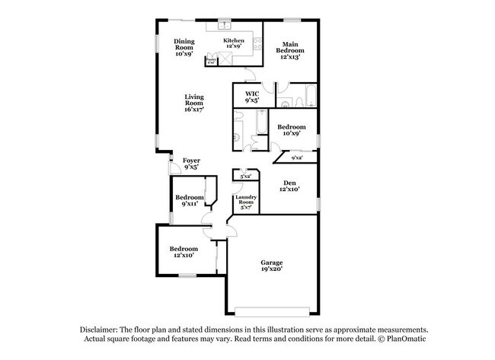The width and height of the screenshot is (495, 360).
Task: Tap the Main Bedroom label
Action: [x=290, y=49]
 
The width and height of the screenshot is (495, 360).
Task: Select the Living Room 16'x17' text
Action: [x=193, y=103]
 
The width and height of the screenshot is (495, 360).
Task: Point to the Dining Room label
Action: [x=184, y=46]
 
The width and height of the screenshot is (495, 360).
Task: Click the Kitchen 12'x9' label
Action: [x=233, y=43]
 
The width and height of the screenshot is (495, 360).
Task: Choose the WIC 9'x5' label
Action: [x=252, y=97]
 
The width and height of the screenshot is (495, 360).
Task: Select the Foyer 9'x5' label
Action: [x=191, y=164]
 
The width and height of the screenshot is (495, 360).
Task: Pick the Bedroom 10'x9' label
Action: [x=291, y=130]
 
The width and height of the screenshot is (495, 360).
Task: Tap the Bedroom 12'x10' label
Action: [x=184, y=252]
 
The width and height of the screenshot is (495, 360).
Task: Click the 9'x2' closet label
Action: [x=297, y=158]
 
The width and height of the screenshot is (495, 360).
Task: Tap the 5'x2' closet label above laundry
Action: [x=246, y=177]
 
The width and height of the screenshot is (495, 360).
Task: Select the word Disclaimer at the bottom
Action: [x=101, y=328]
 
